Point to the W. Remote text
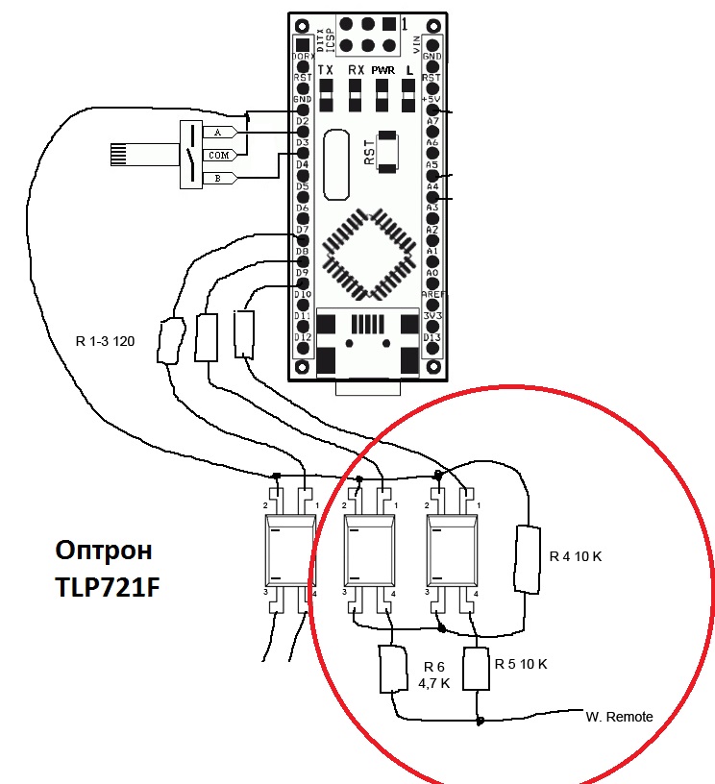click(x=619, y=717)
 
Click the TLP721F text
click(x=106, y=584)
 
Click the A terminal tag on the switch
click(x=218, y=132)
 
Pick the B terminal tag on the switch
click(x=218, y=177)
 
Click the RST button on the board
click(x=387, y=152)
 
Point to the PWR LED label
click(x=382, y=71)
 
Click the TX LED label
click(x=326, y=71)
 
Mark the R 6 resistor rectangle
click(x=395, y=670)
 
